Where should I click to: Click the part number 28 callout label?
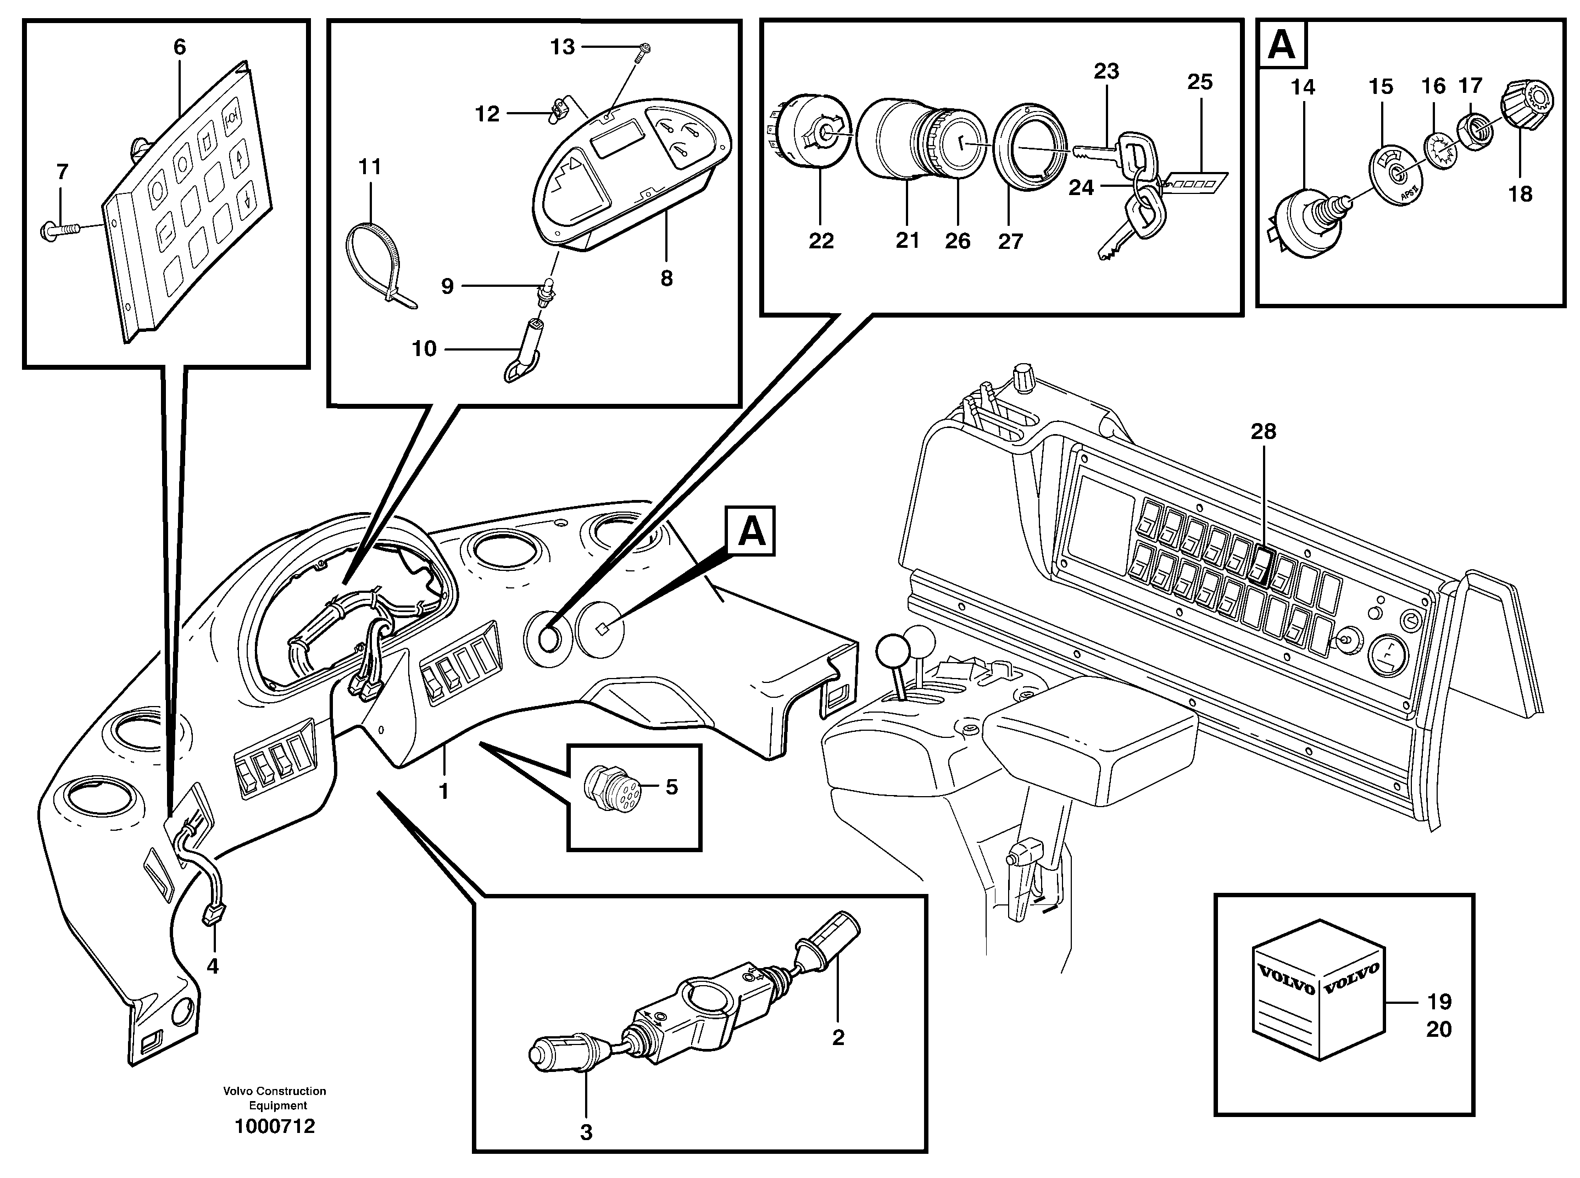[x=1262, y=431]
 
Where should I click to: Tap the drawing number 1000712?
[x=275, y=1127]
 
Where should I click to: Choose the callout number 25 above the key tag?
[x=1199, y=82]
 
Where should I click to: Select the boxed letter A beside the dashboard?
[x=751, y=531]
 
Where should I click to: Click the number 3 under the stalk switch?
[x=586, y=1132]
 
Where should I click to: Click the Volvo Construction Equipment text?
[x=275, y=1098]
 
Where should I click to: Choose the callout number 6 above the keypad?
[x=180, y=48]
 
